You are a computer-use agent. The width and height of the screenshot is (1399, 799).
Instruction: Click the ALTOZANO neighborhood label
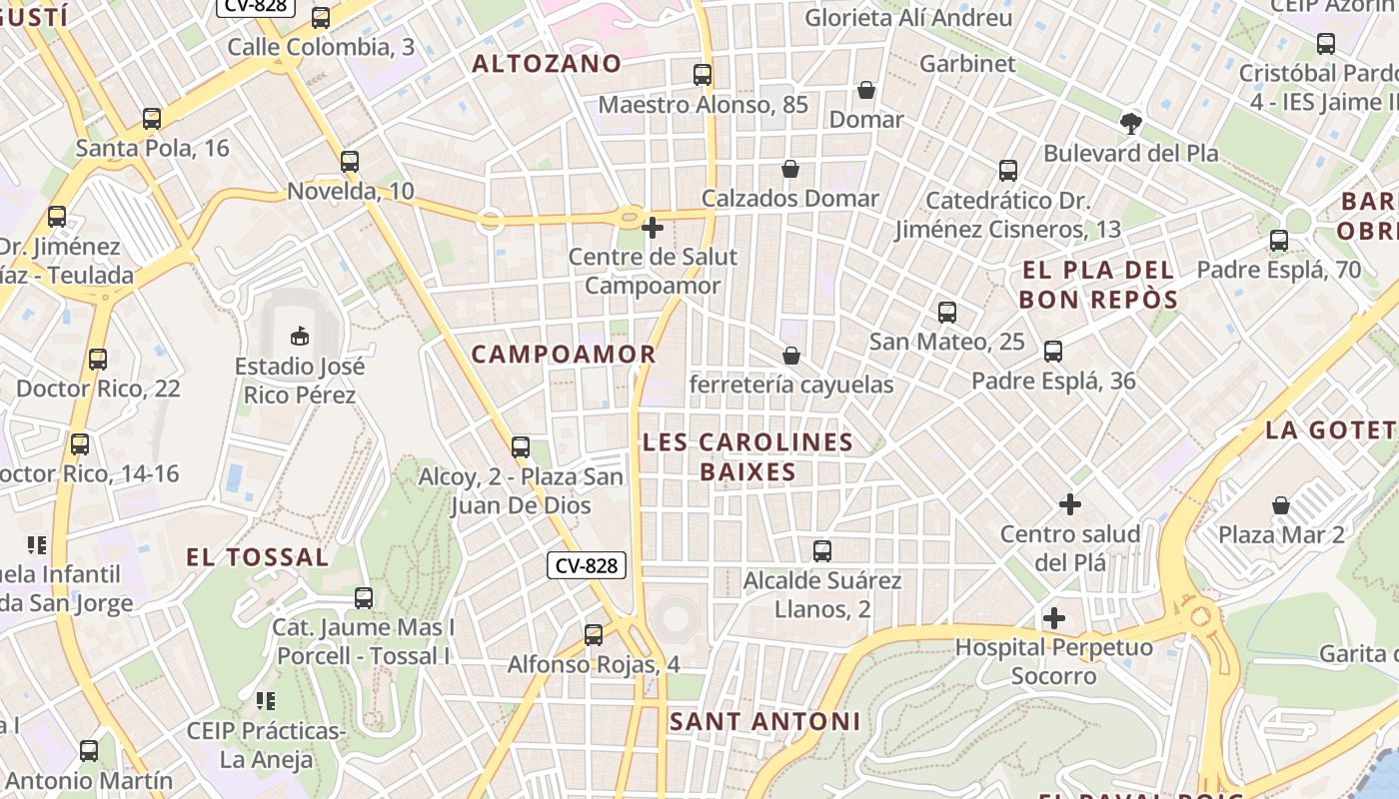pyautogui.click(x=547, y=64)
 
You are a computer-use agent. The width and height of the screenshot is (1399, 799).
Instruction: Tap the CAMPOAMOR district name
pyautogui.click(x=564, y=355)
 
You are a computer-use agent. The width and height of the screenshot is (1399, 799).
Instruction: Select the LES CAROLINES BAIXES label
pyautogui.click(x=747, y=456)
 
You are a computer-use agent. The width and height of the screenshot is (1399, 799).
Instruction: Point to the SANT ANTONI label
pyautogui.click(x=764, y=721)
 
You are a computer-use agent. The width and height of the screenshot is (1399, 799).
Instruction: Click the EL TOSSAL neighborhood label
pyautogui.click(x=257, y=557)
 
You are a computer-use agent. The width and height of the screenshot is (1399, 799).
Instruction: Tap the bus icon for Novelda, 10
pyautogui.click(x=349, y=161)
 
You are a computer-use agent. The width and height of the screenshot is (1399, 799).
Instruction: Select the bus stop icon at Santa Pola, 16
pyautogui.click(x=152, y=119)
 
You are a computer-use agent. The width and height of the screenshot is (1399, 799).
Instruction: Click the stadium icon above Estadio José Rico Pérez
pyautogui.click(x=299, y=336)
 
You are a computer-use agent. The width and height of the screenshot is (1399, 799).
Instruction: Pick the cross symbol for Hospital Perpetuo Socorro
pyautogui.click(x=1053, y=618)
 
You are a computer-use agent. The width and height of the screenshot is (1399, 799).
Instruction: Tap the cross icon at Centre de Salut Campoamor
pyautogui.click(x=653, y=228)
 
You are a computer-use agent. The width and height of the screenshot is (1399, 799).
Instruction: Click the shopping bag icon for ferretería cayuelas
pyautogui.click(x=791, y=356)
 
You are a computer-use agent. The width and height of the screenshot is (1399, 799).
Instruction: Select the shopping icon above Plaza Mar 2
pyautogui.click(x=1281, y=505)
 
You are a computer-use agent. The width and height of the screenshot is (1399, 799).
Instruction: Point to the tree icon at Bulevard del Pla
pyautogui.click(x=1131, y=124)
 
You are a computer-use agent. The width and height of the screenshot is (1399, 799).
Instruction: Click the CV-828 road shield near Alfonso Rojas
pyautogui.click(x=587, y=565)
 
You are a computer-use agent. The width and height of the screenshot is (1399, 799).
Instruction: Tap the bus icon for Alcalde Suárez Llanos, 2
pyautogui.click(x=822, y=550)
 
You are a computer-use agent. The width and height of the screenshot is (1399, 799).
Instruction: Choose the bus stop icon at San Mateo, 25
pyautogui.click(x=947, y=313)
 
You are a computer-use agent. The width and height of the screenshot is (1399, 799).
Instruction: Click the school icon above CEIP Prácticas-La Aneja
pyautogui.click(x=265, y=701)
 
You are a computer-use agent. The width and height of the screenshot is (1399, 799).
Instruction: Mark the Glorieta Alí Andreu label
pyautogui.click(x=908, y=18)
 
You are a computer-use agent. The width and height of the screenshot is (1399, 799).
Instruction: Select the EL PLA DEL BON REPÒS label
pyautogui.click(x=1098, y=285)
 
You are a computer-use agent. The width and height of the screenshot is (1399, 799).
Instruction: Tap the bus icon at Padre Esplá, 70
pyautogui.click(x=1279, y=241)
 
